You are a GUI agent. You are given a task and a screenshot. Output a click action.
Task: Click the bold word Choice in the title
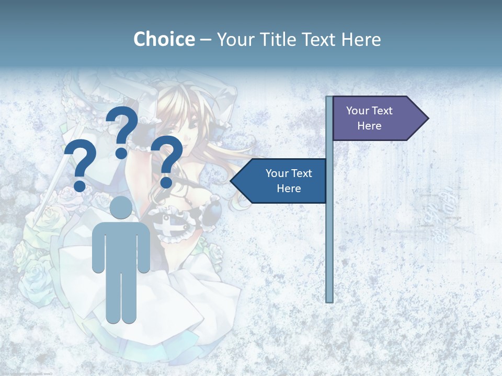tap(164, 39)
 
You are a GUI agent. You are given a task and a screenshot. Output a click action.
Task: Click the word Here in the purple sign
tap(369, 126)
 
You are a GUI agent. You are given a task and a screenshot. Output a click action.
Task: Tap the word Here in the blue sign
tap(289, 189)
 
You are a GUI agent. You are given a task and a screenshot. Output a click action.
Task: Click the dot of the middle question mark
tap(121, 153)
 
